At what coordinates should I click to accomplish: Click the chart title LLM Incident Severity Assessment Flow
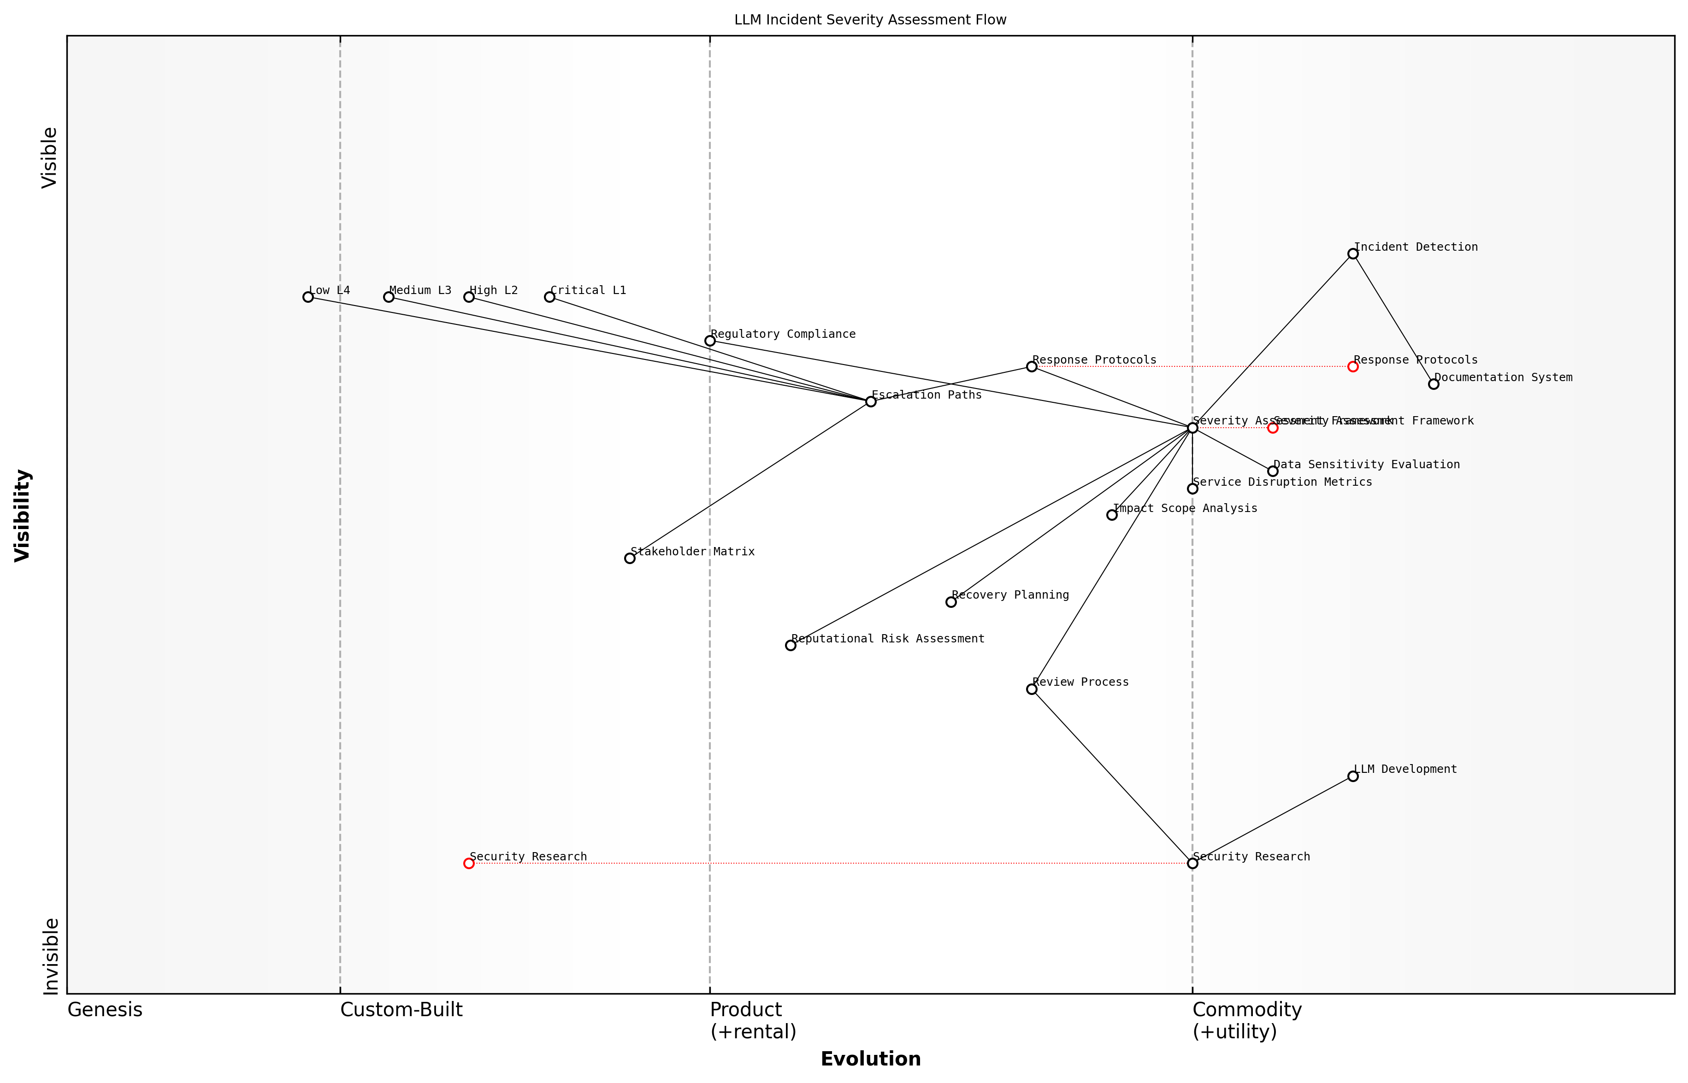(x=870, y=20)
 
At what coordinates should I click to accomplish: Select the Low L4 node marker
(x=308, y=297)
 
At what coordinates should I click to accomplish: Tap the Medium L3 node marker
(x=388, y=297)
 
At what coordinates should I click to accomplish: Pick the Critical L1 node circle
(x=549, y=297)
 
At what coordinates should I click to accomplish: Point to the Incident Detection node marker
(x=1352, y=254)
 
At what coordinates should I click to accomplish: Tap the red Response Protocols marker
(x=1352, y=366)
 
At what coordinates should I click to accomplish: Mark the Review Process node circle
(x=1032, y=689)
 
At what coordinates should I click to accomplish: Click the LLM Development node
(x=1352, y=777)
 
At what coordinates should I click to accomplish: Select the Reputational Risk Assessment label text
(x=888, y=639)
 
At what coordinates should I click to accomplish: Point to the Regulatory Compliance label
(x=783, y=334)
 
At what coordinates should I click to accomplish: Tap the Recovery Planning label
(x=1010, y=595)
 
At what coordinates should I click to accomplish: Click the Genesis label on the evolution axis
(x=105, y=1010)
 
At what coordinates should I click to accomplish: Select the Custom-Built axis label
(x=401, y=1010)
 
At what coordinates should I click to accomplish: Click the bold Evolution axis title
(x=870, y=1059)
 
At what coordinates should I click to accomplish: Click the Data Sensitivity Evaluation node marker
(x=1272, y=471)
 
